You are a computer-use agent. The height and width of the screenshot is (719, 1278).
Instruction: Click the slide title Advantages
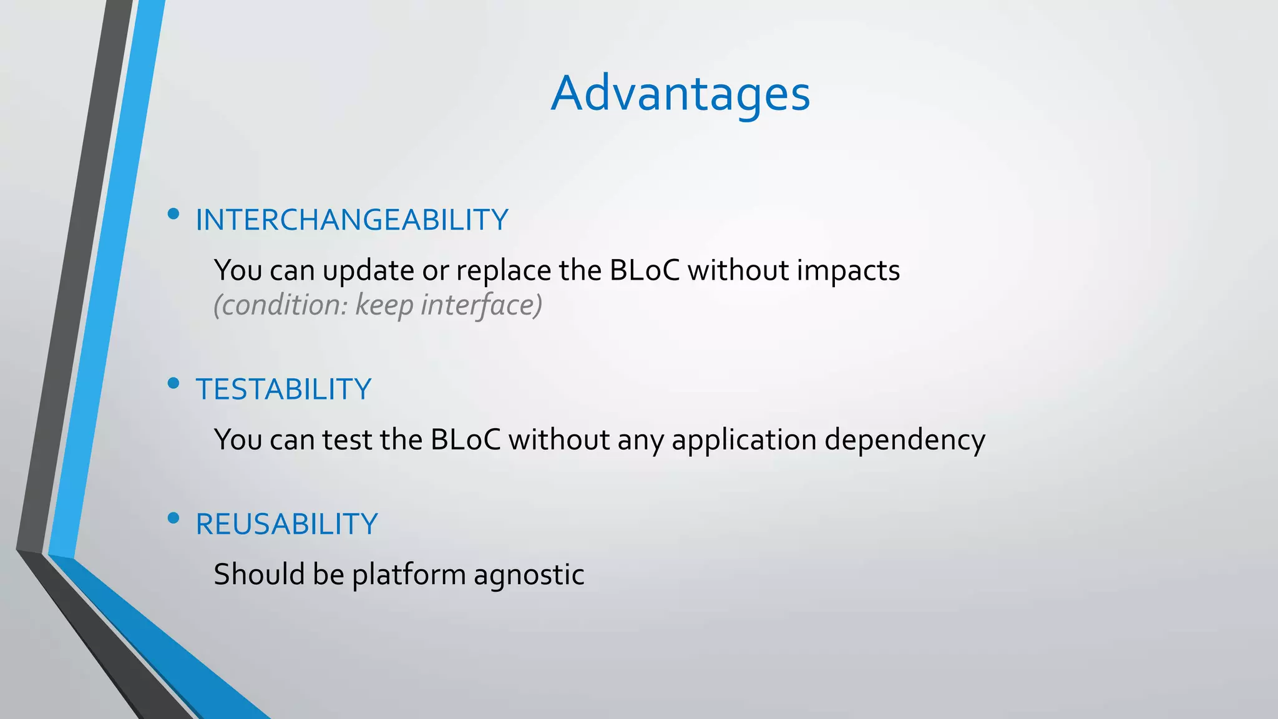[680, 94]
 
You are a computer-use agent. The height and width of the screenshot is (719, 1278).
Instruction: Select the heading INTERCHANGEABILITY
[352, 220]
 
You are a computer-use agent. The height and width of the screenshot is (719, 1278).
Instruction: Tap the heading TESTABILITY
[283, 389]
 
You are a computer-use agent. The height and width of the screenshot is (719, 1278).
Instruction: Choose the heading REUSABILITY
[286, 524]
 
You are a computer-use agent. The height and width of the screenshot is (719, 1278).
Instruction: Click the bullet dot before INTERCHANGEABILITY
[173, 215]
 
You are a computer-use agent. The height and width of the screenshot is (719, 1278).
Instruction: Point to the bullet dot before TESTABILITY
[173, 383]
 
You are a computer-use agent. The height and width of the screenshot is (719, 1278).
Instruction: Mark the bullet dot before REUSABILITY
[173, 518]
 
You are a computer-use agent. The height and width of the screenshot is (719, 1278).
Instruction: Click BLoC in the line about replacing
[644, 270]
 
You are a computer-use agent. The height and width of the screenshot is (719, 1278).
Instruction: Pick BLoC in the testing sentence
[466, 440]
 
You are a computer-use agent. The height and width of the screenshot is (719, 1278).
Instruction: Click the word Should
[259, 574]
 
